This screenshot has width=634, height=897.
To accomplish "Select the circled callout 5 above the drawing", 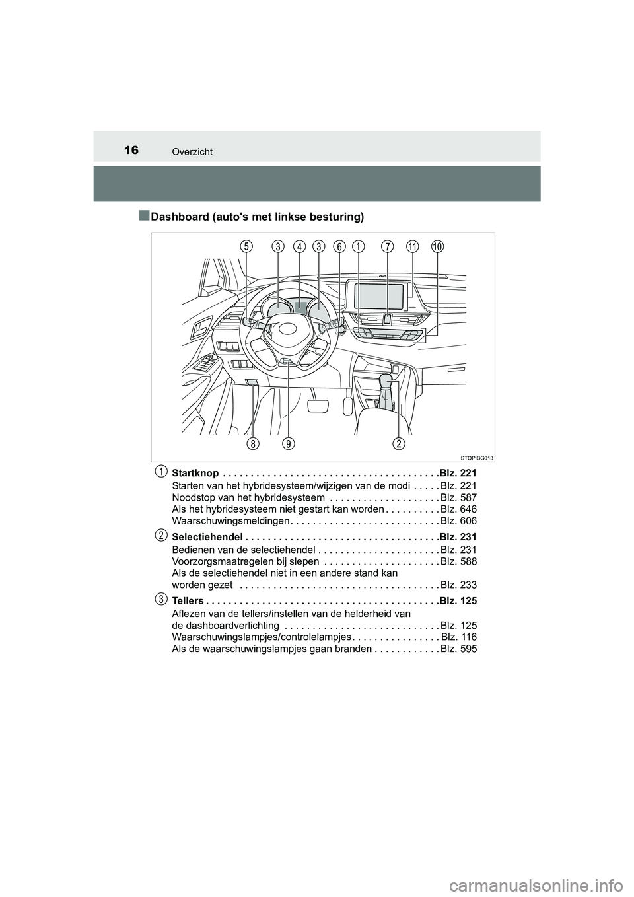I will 246,246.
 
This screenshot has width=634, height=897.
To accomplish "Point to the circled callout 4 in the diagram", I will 299,246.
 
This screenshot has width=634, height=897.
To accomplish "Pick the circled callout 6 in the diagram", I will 339,246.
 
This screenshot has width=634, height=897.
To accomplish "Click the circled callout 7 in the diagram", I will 387,246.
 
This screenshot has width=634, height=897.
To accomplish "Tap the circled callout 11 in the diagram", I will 413,246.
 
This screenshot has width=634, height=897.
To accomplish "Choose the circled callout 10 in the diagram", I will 438,246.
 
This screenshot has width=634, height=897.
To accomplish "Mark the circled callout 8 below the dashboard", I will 252,443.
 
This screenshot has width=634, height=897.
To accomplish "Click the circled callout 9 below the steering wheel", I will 288,443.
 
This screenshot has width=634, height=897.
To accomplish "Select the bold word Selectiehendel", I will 203,537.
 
